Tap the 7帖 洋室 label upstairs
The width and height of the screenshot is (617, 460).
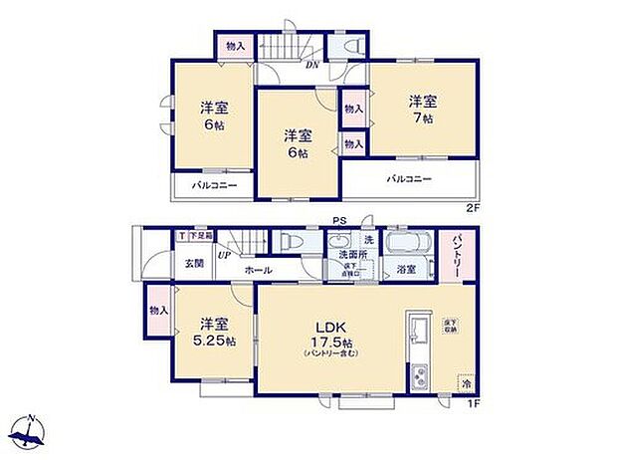pos(422,110)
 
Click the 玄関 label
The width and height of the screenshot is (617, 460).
pos(193,263)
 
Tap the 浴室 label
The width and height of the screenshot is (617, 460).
pos(406,269)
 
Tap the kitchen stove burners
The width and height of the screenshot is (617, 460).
pos(418,377)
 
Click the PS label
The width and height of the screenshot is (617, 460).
pos(340,224)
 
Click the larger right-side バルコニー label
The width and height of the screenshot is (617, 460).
pos(409,179)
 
